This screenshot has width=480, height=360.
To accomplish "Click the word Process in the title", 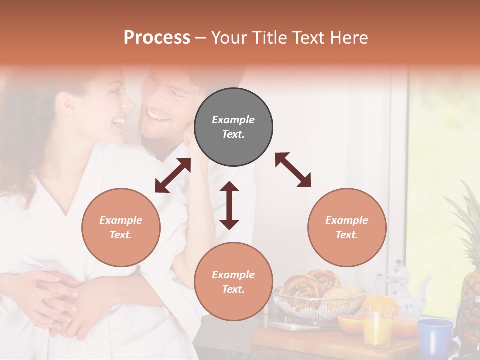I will [157, 38].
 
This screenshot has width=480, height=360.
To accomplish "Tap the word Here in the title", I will [348, 38].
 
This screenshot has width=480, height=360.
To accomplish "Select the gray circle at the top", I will [233, 127].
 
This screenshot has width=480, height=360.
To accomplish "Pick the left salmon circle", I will [121, 227].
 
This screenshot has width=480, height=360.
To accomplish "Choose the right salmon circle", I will [347, 227].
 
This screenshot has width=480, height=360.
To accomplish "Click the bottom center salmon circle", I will [233, 281].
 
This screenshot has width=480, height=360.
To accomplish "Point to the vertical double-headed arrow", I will [229, 205].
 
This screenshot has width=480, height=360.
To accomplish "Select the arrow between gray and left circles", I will [173, 175].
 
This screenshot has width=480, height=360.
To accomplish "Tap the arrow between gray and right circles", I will [293, 170].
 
